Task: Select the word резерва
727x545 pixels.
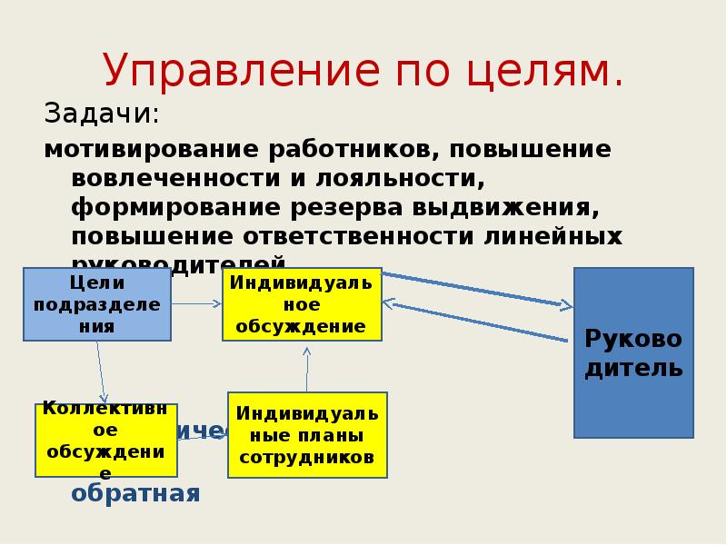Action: pos(348,206)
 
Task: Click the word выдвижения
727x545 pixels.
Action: pos(510,206)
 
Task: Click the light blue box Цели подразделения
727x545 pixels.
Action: pos(96,304)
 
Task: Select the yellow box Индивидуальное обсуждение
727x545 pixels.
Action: pos(302,304)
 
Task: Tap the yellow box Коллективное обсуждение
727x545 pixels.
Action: pos(105,441)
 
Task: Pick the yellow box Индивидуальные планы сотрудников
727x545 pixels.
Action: pos(307,435)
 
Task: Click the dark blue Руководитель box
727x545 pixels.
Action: pos(633,352)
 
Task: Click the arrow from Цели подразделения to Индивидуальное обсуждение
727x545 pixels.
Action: pos(196,303)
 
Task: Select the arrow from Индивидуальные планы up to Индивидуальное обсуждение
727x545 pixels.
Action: pos(307,367)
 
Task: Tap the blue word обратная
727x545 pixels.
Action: pos(134,493)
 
